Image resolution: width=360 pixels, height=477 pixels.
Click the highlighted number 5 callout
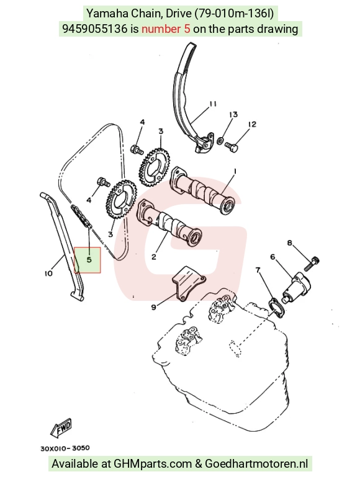(x=89, y=260)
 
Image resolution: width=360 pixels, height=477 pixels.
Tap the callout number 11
(x=213, y=104)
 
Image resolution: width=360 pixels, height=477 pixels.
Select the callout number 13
(x=233, y=115)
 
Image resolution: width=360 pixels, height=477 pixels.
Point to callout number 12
(x=252, y=125)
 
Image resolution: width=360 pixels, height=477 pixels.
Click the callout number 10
(x=48, y=274)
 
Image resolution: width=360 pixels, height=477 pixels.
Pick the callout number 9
(x=154, y=307)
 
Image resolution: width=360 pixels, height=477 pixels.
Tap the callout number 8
(x=289, y=243)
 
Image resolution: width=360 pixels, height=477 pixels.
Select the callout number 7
(x=258, y=270)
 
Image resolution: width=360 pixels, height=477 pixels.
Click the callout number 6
(x=272, y=257)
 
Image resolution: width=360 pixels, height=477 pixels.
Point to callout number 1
(x=235, y=172)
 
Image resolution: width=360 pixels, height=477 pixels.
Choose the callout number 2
(x=154, y=257)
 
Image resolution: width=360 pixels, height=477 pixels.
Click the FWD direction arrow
(x=61, y=429)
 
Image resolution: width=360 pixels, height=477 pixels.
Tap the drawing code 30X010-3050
(x=65, y=448)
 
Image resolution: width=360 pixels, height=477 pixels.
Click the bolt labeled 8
(x=312, y=264)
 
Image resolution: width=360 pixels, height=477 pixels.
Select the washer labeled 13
(x=220, y=141)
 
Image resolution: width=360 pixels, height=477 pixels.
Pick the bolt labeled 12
(x=232, y=146)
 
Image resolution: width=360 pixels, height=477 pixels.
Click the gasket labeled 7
(x=276, y=308)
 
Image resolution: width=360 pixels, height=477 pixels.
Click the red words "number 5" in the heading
(x=166, y=29)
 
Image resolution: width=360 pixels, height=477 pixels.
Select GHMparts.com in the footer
(x=153, y=464)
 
